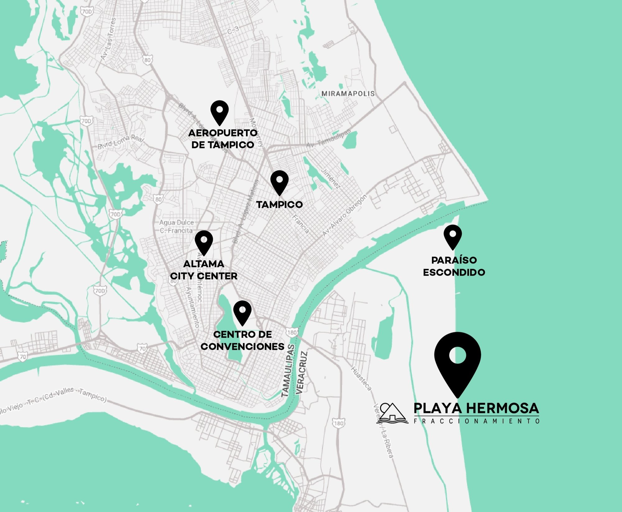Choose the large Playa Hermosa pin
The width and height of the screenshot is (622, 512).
click(457, 361)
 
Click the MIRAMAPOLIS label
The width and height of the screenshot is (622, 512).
click(348, 94)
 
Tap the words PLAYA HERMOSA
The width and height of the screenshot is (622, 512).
click(476, 408)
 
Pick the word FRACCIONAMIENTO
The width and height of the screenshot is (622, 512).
click(476, 421)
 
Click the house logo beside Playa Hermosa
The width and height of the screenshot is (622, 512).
click(392, 413)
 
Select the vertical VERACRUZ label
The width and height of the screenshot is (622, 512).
click(301, 373)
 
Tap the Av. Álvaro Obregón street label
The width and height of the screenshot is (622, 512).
click(344, 215)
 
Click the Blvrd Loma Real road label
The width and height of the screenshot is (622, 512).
click(121, 141)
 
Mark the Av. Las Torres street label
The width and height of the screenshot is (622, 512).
click(109, 39)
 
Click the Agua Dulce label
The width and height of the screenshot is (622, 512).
click(176, 223)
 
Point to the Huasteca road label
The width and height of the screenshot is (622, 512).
click(361, 378)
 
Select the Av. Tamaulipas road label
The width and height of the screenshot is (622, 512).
click(328, 139)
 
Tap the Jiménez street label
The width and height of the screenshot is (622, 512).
click(331, 178)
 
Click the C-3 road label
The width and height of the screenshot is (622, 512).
click(233, 30)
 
